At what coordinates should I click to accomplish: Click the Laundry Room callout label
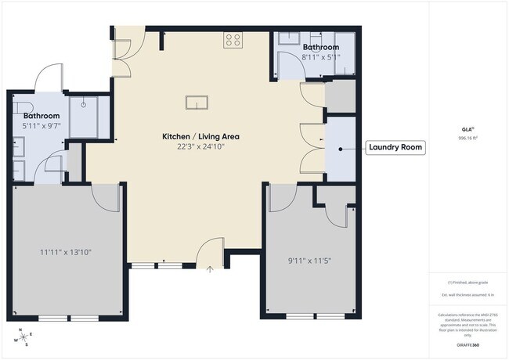(396, 146)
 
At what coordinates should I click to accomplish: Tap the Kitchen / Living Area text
(200, 136)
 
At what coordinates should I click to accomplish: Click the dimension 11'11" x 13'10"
(68, 252)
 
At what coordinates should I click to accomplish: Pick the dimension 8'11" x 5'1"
(321, 57)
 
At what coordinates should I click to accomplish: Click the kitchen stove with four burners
(233, 40)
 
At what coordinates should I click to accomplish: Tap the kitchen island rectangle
(197, 102)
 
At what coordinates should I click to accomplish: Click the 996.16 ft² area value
(469, 139)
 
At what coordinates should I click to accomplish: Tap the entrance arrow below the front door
(210, 269)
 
